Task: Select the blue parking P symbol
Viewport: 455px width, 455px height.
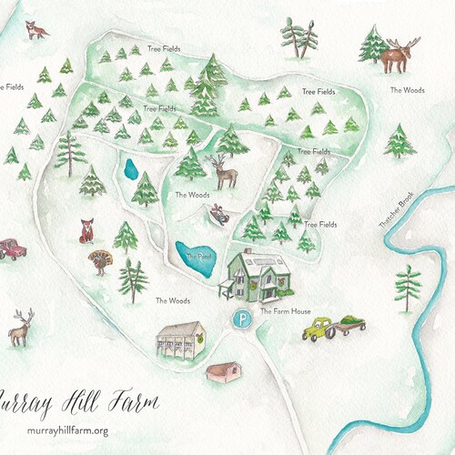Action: tap(241, 319)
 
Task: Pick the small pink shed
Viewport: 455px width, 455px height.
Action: tap(224, 371)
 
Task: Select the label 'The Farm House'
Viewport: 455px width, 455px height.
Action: tap(286, 311)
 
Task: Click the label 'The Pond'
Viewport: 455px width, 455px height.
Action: tap(196, 257)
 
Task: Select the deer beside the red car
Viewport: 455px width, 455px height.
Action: tap(21, 328)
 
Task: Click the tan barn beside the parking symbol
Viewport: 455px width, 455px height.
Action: tap(181, 344)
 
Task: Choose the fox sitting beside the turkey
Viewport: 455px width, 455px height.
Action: tap(87, 231)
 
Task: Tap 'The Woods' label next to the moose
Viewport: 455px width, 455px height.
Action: tap(407, 89)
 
